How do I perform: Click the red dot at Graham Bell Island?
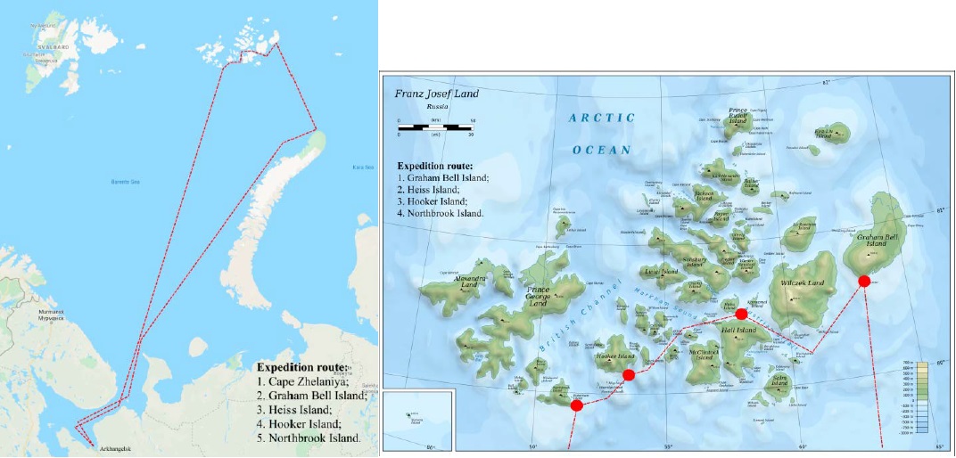(863, 282)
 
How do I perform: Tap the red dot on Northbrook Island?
(576, 405)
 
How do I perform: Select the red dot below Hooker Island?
(629, 375)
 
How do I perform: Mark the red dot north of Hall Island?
(741, 315)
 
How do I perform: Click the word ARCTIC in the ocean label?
(602, 118)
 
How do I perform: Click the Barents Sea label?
(132, 182)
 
